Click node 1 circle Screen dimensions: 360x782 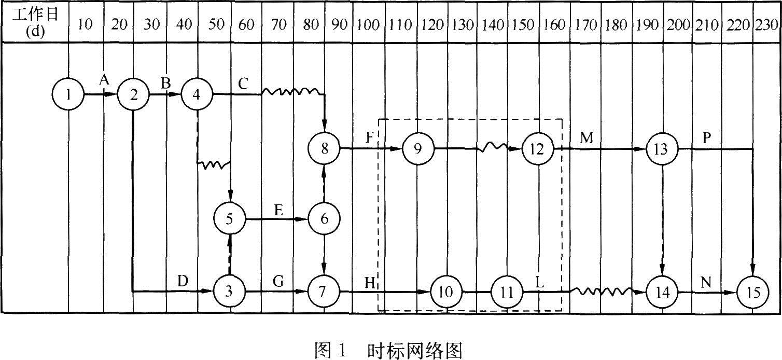(68, 94)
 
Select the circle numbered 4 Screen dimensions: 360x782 (197, 94)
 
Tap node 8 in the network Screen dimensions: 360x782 (325, 149)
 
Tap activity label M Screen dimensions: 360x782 (586, 138)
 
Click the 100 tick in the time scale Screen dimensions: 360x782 (369, 25)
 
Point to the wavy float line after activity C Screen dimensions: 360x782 (292, 92)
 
